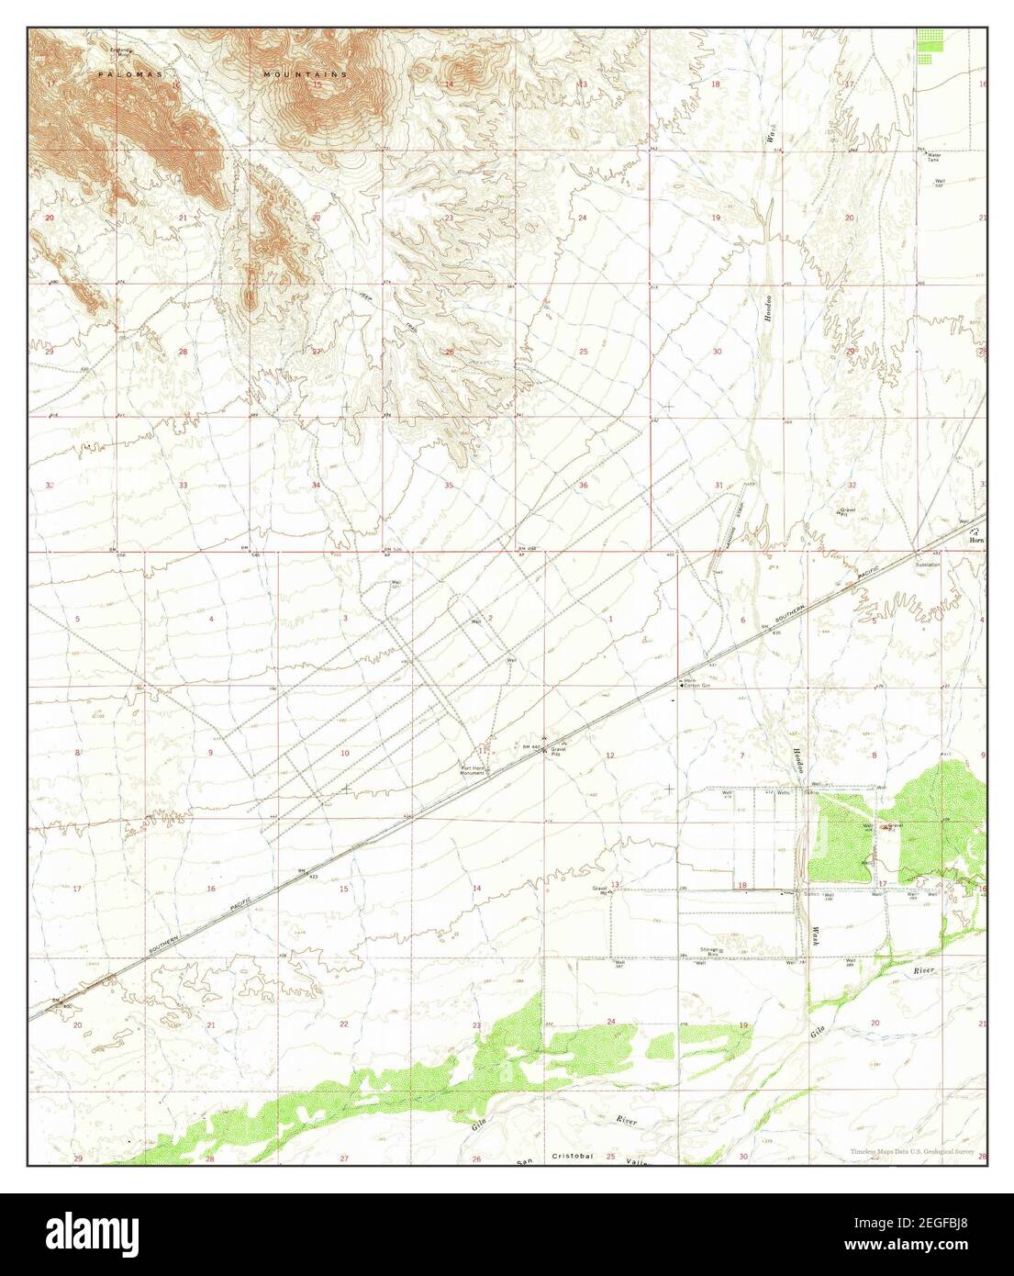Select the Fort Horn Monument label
(472, 771)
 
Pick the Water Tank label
(935, 157)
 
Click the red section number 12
(610, 755)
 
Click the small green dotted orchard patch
(929, 45)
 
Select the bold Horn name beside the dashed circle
(976, 540)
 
